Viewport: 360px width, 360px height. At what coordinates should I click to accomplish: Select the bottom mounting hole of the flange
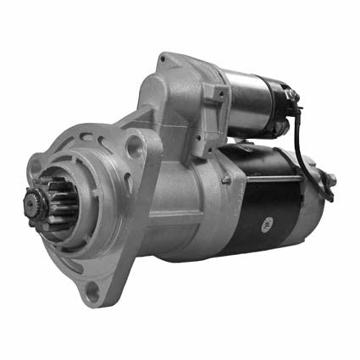click(x=93, y=291)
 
